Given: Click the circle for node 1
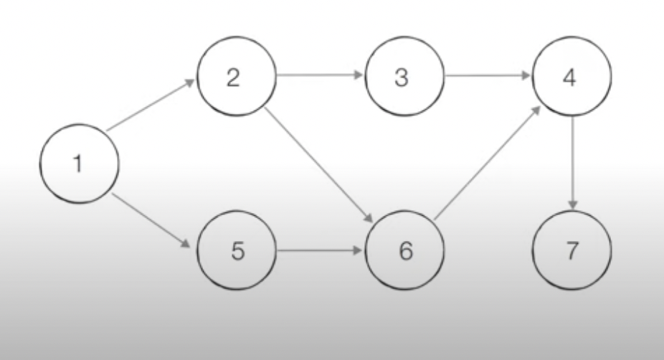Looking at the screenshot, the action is (x=79, y=164).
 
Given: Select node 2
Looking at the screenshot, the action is (x=237, y=78).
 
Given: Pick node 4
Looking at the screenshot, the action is (x=571, y=78).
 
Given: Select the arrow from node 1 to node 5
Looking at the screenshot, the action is (x=151, y=219).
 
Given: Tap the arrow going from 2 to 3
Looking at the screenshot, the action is (x=319, y=75).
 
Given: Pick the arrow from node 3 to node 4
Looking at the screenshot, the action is (x=488, y=75).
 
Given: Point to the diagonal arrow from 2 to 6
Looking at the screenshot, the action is (x=319, y=162).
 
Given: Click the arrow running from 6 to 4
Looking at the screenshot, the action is (x=488, y=162).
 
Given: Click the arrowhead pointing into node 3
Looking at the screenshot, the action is (x=358, y=75).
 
